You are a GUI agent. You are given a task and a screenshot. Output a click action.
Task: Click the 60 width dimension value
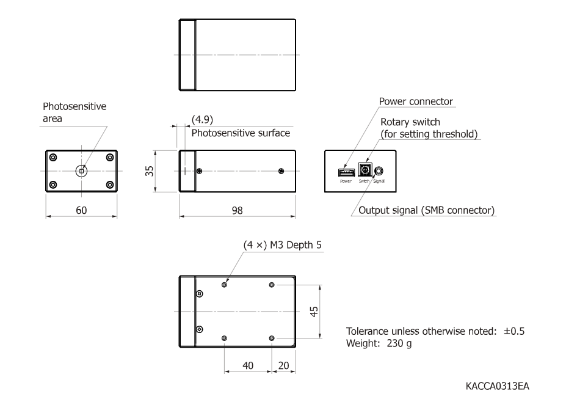[81, 210]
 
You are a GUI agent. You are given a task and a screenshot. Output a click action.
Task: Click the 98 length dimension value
[237, 210]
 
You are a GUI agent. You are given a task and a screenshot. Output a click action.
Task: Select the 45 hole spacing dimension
[314, 311]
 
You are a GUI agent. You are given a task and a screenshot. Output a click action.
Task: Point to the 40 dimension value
[248, 365]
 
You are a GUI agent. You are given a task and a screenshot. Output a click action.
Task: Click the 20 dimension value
[284, 365]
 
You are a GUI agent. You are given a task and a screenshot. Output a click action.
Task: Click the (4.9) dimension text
[202, 120]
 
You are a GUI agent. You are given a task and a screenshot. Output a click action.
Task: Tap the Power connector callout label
[416, 101]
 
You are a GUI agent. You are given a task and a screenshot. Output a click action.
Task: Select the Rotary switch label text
[410, 122]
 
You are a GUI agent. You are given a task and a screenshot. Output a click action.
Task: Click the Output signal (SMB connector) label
[426, 211]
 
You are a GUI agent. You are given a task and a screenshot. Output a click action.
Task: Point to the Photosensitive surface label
[241, 133]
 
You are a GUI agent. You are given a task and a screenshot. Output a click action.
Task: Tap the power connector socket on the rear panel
[346, 172]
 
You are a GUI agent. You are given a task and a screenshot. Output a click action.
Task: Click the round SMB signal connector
[379, 172]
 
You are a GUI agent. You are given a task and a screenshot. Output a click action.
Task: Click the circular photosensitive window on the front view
[82, 171]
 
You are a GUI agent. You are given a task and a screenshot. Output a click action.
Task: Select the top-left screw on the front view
[54, 158]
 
